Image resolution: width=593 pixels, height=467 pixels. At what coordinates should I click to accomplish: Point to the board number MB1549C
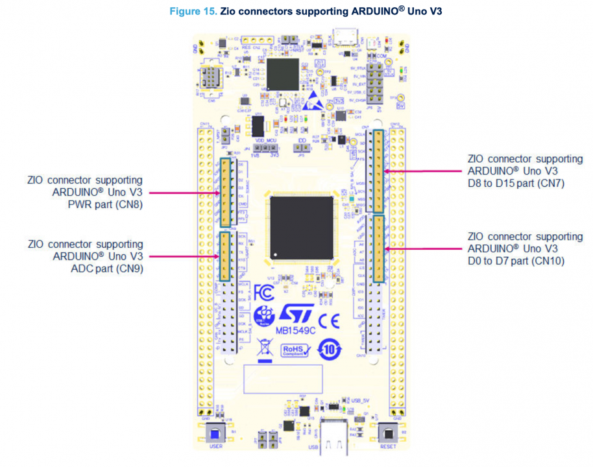(297, 329)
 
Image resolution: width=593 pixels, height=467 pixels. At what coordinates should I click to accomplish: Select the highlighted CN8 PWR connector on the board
(226, 192)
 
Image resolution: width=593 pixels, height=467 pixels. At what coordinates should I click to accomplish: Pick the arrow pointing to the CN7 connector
(422, 171)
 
